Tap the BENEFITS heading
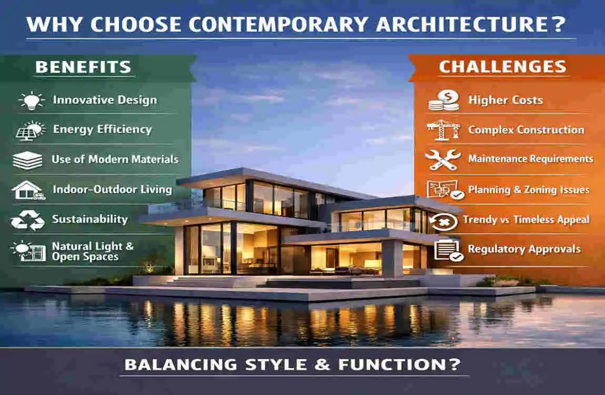83,67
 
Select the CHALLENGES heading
502,67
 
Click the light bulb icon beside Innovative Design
31,100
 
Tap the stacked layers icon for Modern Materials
27,160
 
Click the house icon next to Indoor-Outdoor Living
28,190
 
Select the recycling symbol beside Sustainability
28,220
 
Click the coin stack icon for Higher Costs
442,100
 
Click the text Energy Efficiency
102,130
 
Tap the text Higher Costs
506,100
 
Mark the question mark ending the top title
559,24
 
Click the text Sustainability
89,220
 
